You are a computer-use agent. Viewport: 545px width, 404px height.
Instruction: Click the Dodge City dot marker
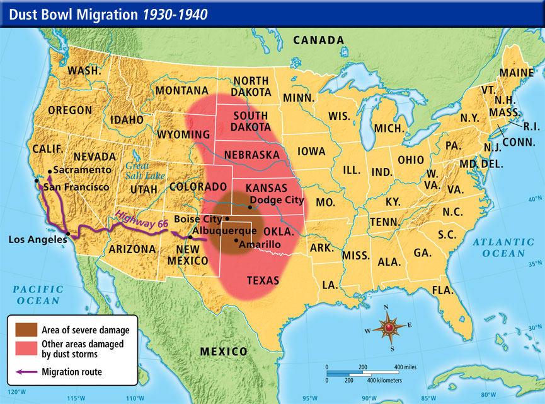tap(251, 207)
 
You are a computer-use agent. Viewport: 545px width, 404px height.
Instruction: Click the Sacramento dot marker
tap(49, 170)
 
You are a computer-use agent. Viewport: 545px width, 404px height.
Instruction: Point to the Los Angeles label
tap(37, 239)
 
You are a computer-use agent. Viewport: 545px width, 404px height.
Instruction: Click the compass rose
tap(389, 328)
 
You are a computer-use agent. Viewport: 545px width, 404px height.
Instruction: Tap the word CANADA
tap(319, 40)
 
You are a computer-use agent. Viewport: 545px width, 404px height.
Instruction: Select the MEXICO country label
tap(224, 351)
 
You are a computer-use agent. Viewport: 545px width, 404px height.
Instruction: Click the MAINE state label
tap(516, 73)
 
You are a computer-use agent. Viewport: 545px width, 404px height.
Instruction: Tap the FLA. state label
tap(443, 290)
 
